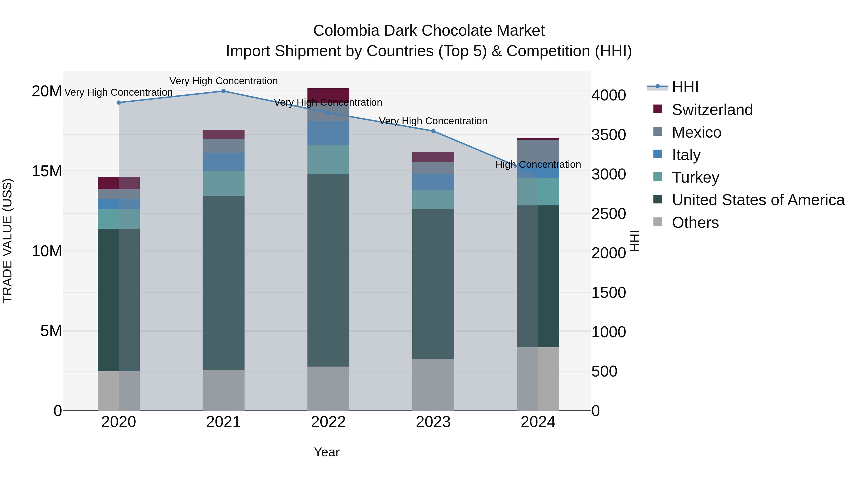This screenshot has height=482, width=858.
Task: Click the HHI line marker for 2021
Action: point(224,91)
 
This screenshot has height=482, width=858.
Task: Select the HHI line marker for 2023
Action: point(433,131)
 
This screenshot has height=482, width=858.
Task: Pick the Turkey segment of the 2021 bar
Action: point(224,183)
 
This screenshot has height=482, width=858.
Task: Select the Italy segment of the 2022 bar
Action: point(328,133)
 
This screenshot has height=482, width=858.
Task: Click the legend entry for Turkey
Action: point(695,177)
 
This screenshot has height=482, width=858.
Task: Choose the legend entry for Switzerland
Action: point(712,110)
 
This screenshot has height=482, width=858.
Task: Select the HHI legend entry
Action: point(685,87)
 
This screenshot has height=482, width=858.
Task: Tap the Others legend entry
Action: point(695,223)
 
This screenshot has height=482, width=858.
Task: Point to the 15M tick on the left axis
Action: point(47,171)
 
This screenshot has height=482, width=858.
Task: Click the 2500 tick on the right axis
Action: point(608,214)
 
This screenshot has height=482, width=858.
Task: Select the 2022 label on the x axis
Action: point(328,422)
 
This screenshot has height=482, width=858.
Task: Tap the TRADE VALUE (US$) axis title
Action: point(7,241)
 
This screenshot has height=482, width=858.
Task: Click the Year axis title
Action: point(327,452)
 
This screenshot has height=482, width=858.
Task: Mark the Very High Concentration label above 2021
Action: point(224,81)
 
